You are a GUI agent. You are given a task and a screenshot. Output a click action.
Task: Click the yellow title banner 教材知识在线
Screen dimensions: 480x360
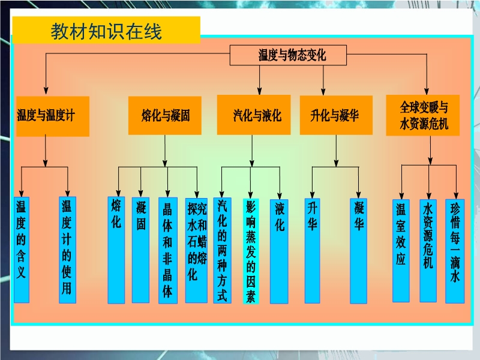click(106, 29)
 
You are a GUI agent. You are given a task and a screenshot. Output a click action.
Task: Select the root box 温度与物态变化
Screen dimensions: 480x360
click(288, 55)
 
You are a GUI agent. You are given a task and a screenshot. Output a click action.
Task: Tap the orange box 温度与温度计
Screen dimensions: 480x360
click(53, 116)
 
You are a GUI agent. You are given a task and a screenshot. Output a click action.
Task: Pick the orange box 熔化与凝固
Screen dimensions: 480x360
click(164, 115)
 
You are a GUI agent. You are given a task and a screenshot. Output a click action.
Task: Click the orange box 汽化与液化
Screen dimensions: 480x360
click(254, 115)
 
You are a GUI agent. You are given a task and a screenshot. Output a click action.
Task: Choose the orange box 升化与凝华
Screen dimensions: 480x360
click(336, 115)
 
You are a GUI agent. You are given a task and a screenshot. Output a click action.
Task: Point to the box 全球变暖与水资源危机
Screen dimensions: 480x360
click(423, 115)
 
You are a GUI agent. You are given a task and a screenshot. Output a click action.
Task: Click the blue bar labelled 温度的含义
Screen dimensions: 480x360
click(22, 250)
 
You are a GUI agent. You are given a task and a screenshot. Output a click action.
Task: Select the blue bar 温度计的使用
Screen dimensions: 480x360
click(67, 250)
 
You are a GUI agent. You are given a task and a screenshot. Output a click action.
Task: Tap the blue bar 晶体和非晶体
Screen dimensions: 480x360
click(168, 250)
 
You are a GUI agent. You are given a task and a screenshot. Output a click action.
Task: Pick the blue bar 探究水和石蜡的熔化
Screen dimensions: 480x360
click(196, 250)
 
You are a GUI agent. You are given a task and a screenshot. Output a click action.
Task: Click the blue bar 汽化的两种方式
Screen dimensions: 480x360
click(222, 250)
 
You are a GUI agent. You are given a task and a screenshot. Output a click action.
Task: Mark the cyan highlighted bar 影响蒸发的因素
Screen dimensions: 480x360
click(251, 251)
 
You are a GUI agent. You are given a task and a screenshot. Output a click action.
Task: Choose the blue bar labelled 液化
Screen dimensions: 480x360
click(279, 251)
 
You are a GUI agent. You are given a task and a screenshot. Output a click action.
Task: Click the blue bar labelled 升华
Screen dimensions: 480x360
click(312, 251)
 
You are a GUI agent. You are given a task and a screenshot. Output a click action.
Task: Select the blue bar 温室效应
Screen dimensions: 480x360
click(401, 251)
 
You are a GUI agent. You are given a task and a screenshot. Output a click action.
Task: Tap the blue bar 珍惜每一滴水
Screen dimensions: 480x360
click(455, 251)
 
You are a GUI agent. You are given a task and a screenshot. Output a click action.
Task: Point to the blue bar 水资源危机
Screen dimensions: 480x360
click(428, 251)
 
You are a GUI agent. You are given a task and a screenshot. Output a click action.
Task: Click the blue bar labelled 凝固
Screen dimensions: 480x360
click(140, 250)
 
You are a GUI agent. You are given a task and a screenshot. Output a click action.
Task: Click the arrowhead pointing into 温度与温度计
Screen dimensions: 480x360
click(46, 91)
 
